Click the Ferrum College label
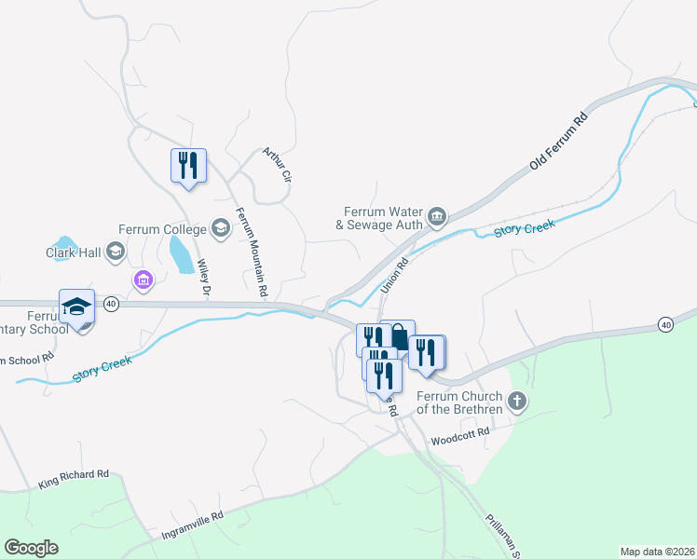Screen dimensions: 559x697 coord(163,229)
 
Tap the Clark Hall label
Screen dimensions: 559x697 coord(73,251)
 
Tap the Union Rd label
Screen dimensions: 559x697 coord(395,275)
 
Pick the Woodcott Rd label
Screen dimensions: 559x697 coord(459,440)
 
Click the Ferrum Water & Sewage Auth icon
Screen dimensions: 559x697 coord(438,218)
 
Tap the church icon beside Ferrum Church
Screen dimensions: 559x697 coord(519,402)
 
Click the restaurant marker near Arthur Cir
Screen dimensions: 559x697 coord(188,166)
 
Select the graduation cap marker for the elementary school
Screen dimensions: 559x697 coord(77,306)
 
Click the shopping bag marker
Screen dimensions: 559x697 coord(398,335)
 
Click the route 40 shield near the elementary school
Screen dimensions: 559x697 coord(111,304)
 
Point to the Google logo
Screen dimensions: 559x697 coord(31,547)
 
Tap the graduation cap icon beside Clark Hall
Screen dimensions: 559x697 coord(115,251)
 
